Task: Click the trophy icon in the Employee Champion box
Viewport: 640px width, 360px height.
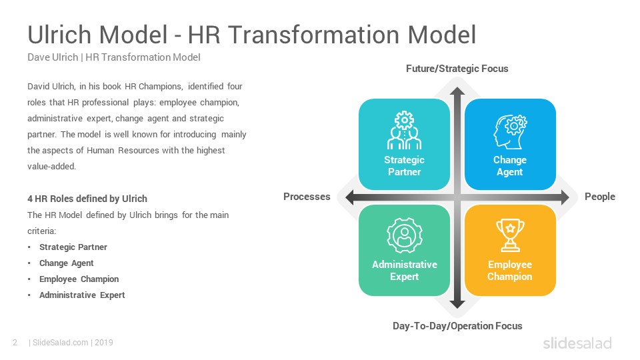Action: [510, 235]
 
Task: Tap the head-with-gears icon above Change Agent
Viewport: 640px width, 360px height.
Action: [510, 131]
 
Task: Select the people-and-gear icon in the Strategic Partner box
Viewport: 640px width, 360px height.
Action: [404, 130]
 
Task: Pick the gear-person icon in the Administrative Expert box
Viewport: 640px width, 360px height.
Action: [405, 235]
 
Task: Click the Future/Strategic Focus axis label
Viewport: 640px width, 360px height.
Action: [457, 69]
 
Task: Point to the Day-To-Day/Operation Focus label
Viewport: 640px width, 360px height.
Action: [457, 326]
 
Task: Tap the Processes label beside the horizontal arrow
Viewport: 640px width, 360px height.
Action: [307, 197]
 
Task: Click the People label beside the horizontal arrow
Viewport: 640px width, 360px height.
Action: [599, 197]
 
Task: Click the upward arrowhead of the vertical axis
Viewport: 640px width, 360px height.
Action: [457, 91]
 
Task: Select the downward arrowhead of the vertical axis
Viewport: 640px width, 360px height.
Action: [457, 304]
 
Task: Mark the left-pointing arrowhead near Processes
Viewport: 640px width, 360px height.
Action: [350, 197]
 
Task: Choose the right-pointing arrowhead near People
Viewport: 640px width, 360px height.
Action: [565, 197]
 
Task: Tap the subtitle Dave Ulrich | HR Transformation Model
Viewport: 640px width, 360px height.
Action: [114, 57]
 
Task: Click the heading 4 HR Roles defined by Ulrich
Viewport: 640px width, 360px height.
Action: [87, 199]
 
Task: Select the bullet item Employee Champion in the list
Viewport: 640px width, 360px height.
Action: [79, 279]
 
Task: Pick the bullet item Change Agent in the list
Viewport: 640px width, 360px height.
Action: [67, 263]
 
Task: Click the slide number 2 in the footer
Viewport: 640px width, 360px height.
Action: [15, 343]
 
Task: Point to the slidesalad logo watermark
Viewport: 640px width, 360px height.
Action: [577, 343]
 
